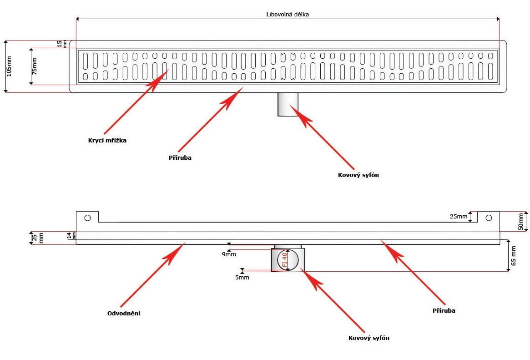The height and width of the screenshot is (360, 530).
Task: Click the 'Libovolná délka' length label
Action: point(288,14)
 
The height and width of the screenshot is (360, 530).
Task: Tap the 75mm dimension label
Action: point(35,66)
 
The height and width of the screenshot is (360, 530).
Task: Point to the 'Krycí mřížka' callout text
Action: point(107,141)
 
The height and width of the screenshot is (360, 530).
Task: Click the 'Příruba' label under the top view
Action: point(180,157)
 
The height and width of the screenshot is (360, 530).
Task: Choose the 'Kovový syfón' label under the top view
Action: point(358,175)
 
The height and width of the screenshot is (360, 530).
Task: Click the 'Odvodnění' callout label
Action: point(123,313)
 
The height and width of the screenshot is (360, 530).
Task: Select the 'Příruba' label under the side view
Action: point(444,310)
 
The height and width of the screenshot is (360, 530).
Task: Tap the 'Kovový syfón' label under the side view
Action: point(369,338)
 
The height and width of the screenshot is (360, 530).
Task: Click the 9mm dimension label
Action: point(229,254)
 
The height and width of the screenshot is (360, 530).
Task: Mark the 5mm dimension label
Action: point(242,277)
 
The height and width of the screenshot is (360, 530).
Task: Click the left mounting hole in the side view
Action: point(88,218)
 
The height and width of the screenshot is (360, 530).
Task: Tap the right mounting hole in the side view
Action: point(489,218)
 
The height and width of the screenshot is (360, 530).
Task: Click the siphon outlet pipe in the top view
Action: point(288,105)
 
